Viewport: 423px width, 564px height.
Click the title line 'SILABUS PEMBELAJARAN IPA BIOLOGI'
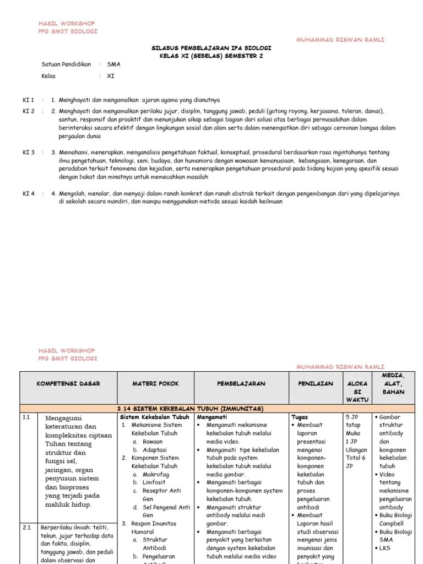click(211, 48)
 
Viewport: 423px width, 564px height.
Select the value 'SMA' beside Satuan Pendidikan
click(113, 64)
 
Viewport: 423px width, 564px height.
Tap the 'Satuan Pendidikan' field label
click(66, 64)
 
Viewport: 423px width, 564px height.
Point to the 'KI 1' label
click(28, 100)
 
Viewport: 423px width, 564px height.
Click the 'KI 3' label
click(28, 153)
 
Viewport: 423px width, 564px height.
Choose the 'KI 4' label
click(28, 194)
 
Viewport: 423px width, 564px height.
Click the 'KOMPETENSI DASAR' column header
click(68, 384)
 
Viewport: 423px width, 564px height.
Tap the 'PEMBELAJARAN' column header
click(241, 384)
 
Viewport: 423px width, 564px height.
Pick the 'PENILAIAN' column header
click(314, 384)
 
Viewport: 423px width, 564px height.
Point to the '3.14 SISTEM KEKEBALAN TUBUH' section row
click(191, 409)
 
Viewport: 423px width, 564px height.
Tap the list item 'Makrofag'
click(156, 474)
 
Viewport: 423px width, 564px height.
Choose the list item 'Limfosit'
click(154, 482)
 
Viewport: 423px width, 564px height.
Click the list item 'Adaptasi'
click(155, 449)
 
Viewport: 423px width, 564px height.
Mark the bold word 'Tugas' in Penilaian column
click(300, 417)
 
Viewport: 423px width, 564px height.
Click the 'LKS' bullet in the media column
click(386, 549)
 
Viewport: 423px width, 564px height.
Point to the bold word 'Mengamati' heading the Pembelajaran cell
click(212, 417)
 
